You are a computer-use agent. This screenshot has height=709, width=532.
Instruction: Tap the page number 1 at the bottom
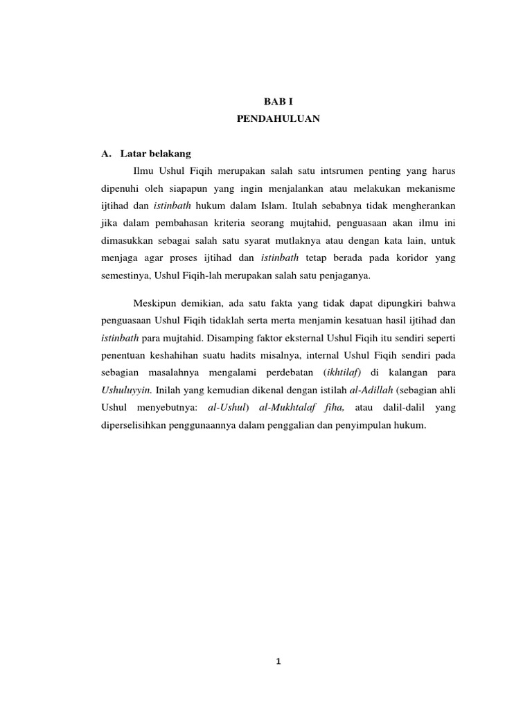click(x=278, y=661)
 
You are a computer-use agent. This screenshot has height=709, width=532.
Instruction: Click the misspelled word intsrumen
click(x=321, y=170)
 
